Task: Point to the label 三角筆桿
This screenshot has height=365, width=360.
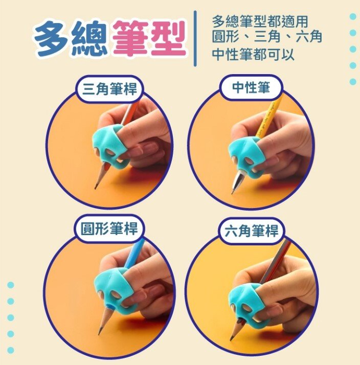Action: (109, 88)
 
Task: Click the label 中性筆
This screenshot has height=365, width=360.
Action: (251, 87)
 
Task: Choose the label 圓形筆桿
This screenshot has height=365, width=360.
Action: (109, 229)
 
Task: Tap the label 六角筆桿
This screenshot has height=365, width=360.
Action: (252, 231)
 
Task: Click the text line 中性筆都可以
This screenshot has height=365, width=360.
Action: (253, 55)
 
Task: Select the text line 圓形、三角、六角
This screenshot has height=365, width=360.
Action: (266, 37)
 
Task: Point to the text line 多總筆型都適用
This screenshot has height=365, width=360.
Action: (259, 21)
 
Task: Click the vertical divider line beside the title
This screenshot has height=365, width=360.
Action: (195, 38)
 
